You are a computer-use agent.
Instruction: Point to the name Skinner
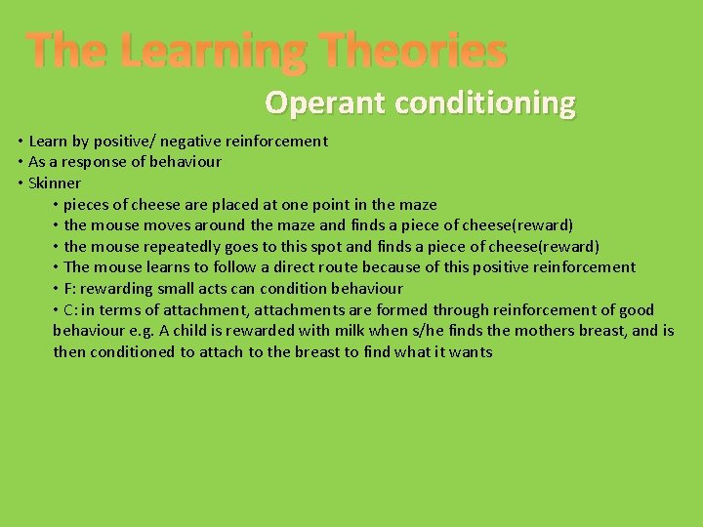tap(55, 182)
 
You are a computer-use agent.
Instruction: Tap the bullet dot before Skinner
tap(21, 182)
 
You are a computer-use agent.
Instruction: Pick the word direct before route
tap(288, 266)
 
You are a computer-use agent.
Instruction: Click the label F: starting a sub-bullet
tap(69, 288)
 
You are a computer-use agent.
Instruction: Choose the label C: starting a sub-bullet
tap(70, 309)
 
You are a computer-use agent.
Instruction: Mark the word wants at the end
tap(471, 351)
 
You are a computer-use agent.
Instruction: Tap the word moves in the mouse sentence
tap(162, 224)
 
